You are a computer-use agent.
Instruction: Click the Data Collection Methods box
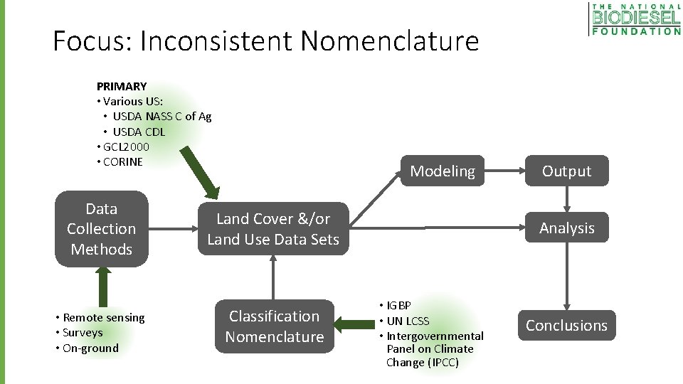(x=101, y=229)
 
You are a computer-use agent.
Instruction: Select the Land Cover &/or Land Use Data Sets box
(x=273, y=229)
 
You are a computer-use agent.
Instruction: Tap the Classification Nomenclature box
(x=275, y=326)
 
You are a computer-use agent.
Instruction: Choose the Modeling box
(x=442, y=171)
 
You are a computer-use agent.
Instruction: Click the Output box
(x=566, y=171)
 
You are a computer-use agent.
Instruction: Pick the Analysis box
(x=566, y=228)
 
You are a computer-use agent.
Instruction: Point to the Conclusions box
(x=566, y=325)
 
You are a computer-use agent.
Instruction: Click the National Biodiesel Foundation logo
(x=635, y=19)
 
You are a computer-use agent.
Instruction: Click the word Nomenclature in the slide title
(x=389, y=41)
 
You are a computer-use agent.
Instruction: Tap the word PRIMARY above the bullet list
(x=122, y=86)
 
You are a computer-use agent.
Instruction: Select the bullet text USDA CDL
(x=139, y=132)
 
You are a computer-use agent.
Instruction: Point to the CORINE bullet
(x=122, y=161)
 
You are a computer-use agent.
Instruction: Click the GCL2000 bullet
(x=126, y=146)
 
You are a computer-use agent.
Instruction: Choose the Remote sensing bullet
(x=103, y=317)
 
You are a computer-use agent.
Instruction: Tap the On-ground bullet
(x=90, y=348)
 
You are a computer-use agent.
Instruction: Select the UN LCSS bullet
(x=408, y=321)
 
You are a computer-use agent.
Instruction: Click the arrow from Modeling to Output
(x=501, y=171)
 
